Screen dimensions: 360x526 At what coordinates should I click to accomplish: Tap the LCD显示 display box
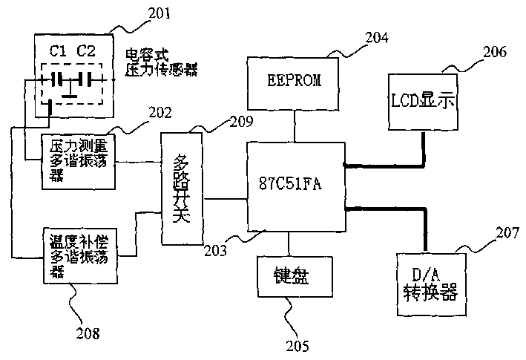click(421, 99)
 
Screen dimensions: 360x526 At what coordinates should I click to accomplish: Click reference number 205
click(295, 345)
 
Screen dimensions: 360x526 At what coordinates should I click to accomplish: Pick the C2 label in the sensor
click(86, 51)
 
